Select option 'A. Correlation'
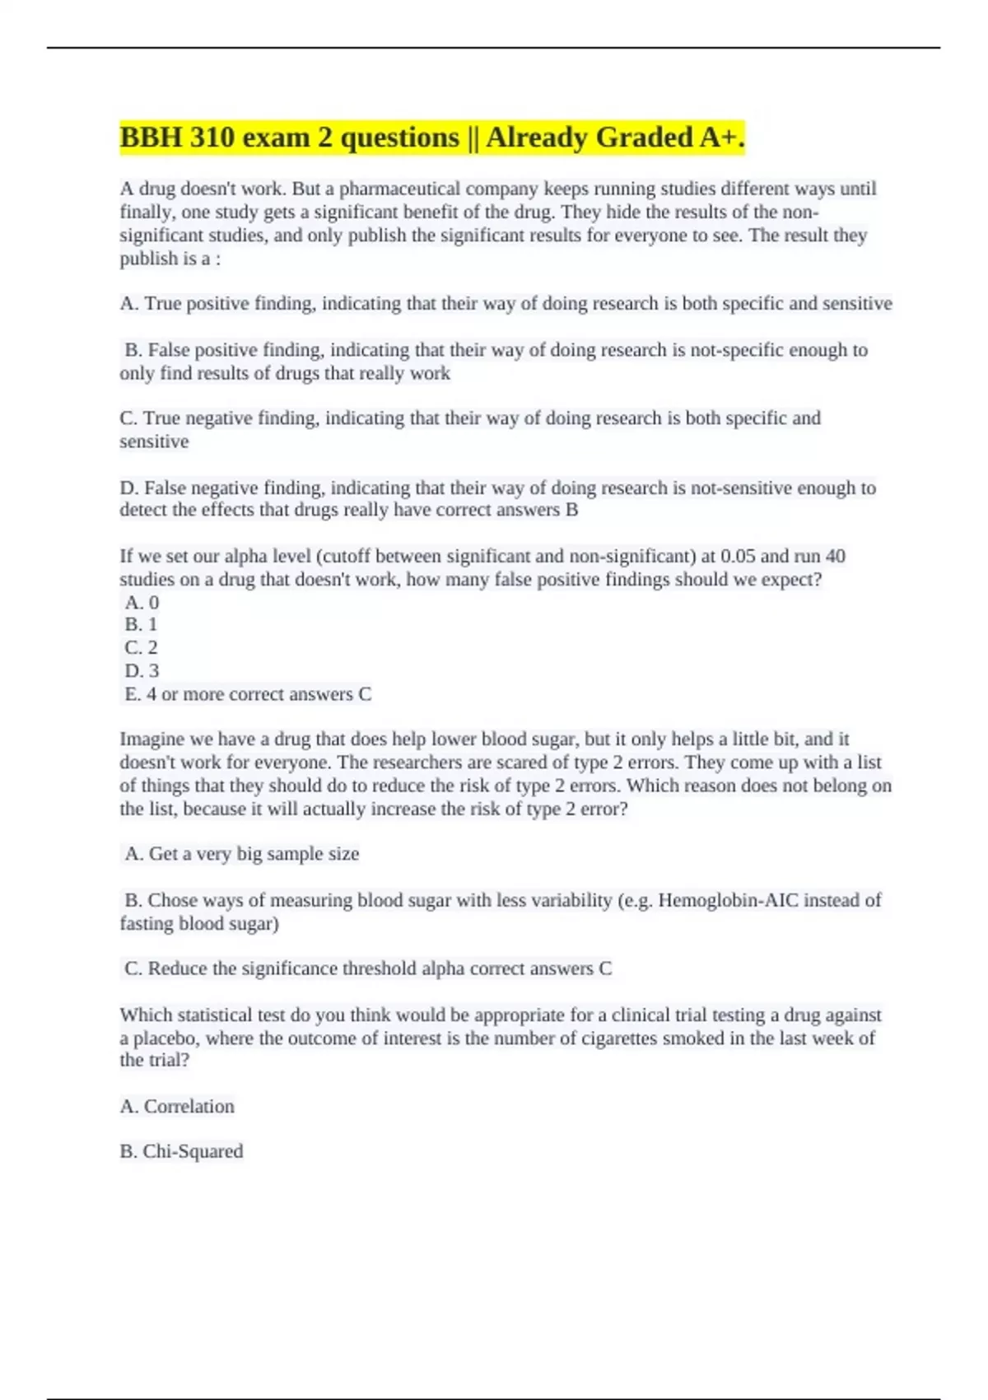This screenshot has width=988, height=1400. coord(177,1106)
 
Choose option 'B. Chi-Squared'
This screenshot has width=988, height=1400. coord(181,1151)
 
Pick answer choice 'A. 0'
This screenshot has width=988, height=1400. coord(142,602)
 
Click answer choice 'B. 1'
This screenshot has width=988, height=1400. coord(141,624)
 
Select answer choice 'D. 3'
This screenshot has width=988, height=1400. coord(142,670)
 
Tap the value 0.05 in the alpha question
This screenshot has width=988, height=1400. coord(738,557)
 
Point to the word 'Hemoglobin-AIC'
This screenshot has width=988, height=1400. coord(728,900)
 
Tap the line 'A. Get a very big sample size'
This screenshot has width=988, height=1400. coord(241,854)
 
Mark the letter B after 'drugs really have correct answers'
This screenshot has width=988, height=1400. coord(571,510)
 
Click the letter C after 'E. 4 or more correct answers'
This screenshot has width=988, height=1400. coord(365,694)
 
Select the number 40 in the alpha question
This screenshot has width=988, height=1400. coord(835,557)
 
